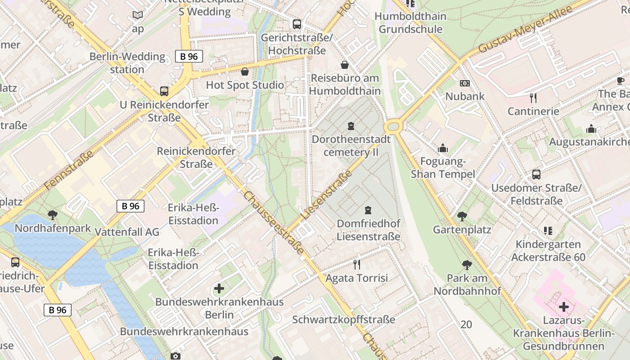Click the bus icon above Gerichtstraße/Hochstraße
[x=297, y=24]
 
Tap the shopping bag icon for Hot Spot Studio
[x=245, y=72]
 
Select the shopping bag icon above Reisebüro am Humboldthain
[x=345, y=65]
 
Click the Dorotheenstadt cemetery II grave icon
[x=351, y=126]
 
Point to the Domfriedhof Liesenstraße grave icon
[x=368, y=210]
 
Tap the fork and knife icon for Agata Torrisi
[x=357, y=265]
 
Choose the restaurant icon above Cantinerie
[x=533, y=98]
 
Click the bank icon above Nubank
[x=465, y=83]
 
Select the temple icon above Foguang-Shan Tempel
[x=443, y=148]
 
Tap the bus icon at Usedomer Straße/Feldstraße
[x=536, y=175]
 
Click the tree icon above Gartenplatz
[x=462, y=216]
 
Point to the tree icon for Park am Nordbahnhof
[x=467, y=265]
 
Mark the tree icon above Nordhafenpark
[x=53, y=215]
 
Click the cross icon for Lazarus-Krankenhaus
[x=563, y=307]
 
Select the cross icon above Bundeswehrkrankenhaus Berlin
[x=219, y=288]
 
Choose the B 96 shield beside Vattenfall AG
[x=130, y=206]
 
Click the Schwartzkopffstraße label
[x=344, y=319]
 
